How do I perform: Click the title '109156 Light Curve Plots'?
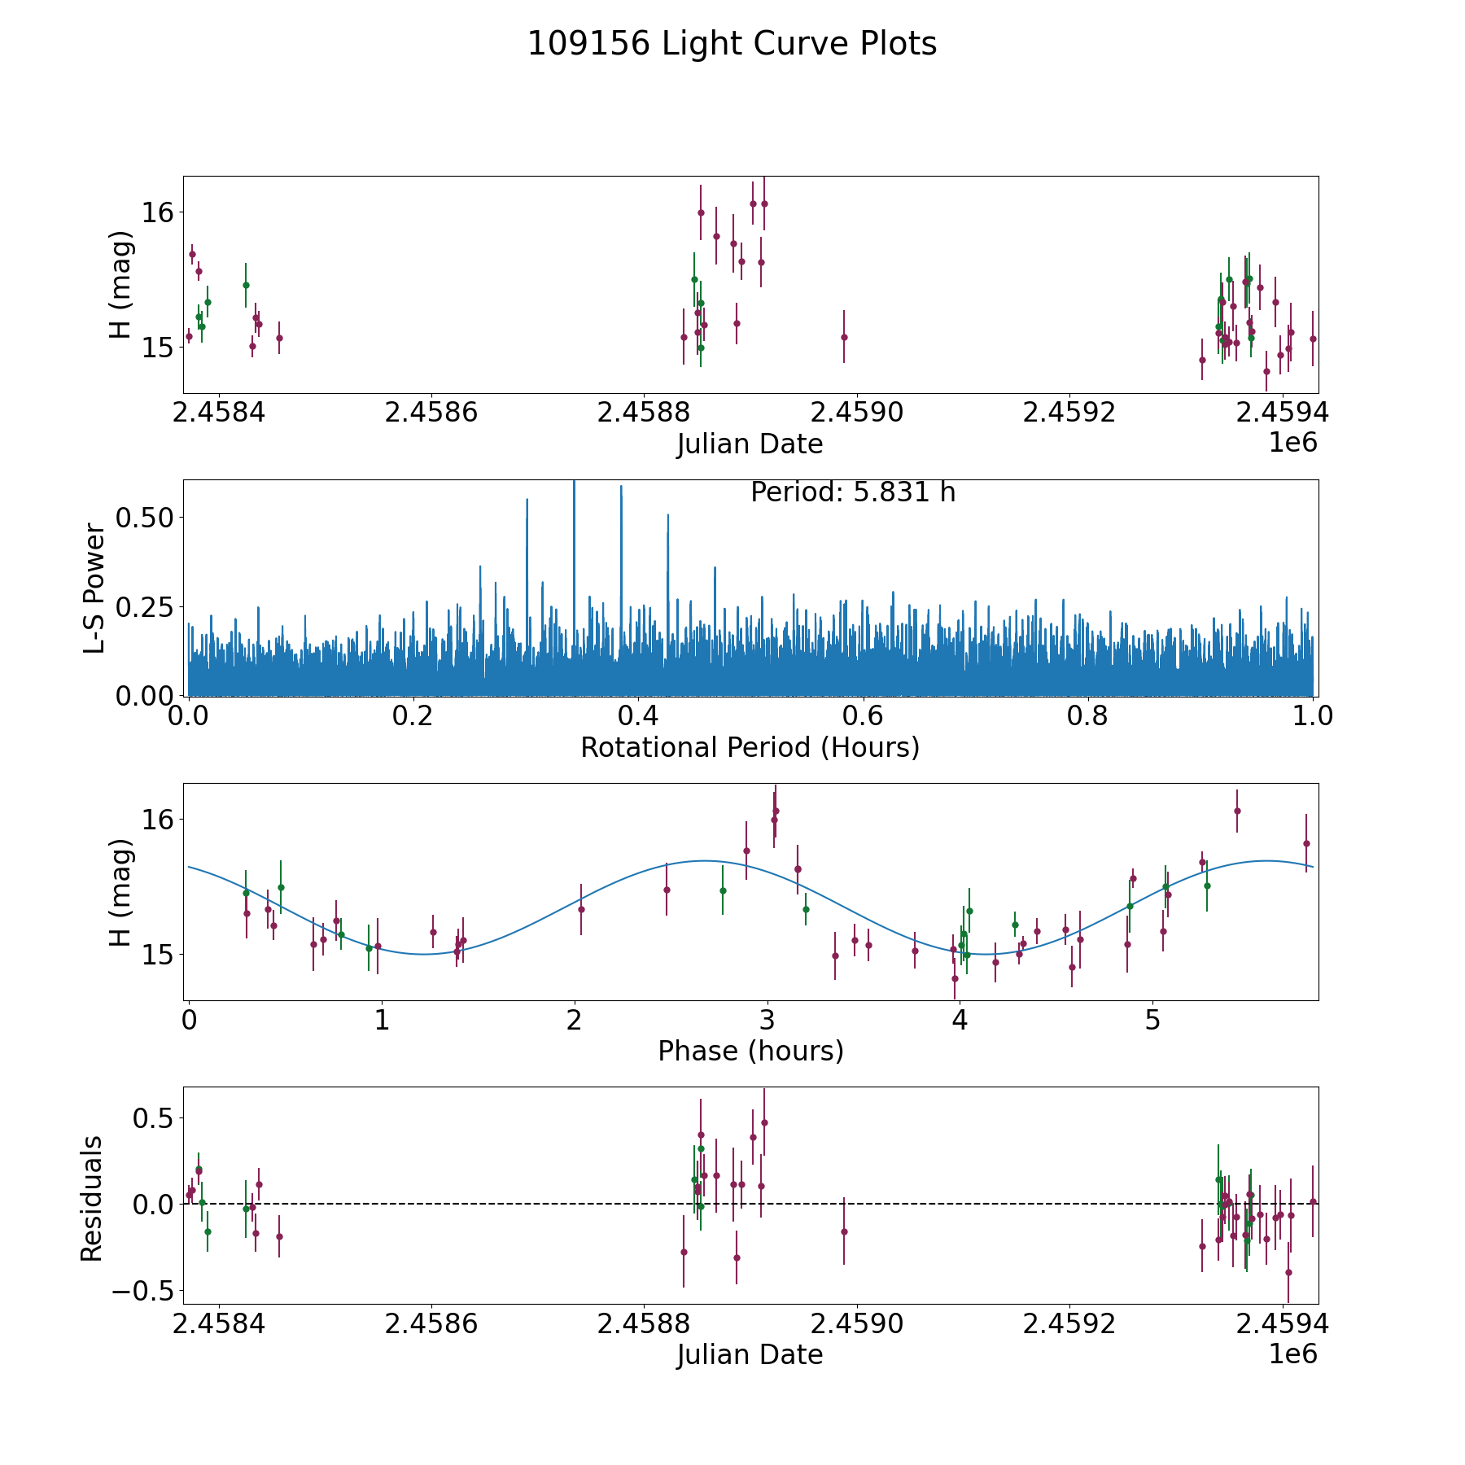pyautogui.click(x=732, y=44)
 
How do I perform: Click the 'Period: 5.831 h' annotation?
pyautogui.click(x=852, y=492)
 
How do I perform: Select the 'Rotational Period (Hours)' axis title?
pyautogui.click(x=750, y=747)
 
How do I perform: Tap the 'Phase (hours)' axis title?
pyautogui.click(x=750, y=1051)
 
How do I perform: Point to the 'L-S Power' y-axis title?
pyautogui.click(x=95, y=588)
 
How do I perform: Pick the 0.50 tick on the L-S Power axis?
pyautogui.click(x=144, y=518)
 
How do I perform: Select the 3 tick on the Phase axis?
pyautogui.click(x=767, y=1020)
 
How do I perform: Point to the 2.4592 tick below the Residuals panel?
pyautogui.click(x=1069, y=1323)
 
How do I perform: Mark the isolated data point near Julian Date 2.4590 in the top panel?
pyautogui.click(x=844, y=337)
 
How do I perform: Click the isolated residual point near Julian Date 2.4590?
pyautogui.click(x=844, y=1231)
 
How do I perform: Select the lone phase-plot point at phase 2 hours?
pyautogui.click(x=581, y=909)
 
